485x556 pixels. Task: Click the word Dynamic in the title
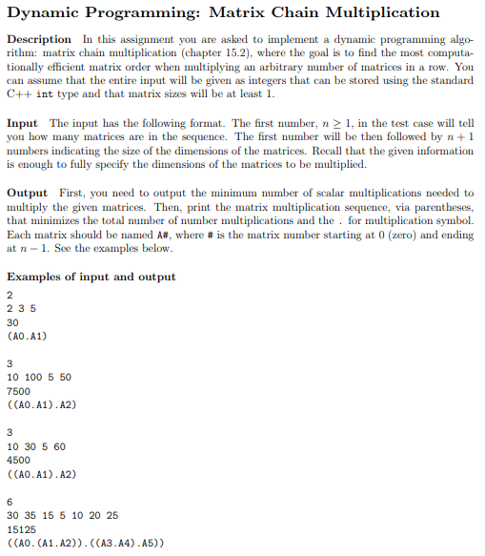46,12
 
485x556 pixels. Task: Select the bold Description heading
39,39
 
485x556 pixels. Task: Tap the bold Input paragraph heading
23,124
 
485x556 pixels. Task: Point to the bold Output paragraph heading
28,193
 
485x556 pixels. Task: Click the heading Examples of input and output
91,277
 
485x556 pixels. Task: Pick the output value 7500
18,391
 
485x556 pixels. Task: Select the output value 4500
18,460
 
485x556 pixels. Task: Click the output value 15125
21,528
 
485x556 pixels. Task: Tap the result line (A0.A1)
27,336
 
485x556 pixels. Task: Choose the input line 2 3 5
21,308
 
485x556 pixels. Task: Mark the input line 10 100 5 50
39,377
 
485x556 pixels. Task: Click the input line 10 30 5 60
36,445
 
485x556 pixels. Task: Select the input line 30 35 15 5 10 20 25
62,514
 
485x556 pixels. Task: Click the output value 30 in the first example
12,322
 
